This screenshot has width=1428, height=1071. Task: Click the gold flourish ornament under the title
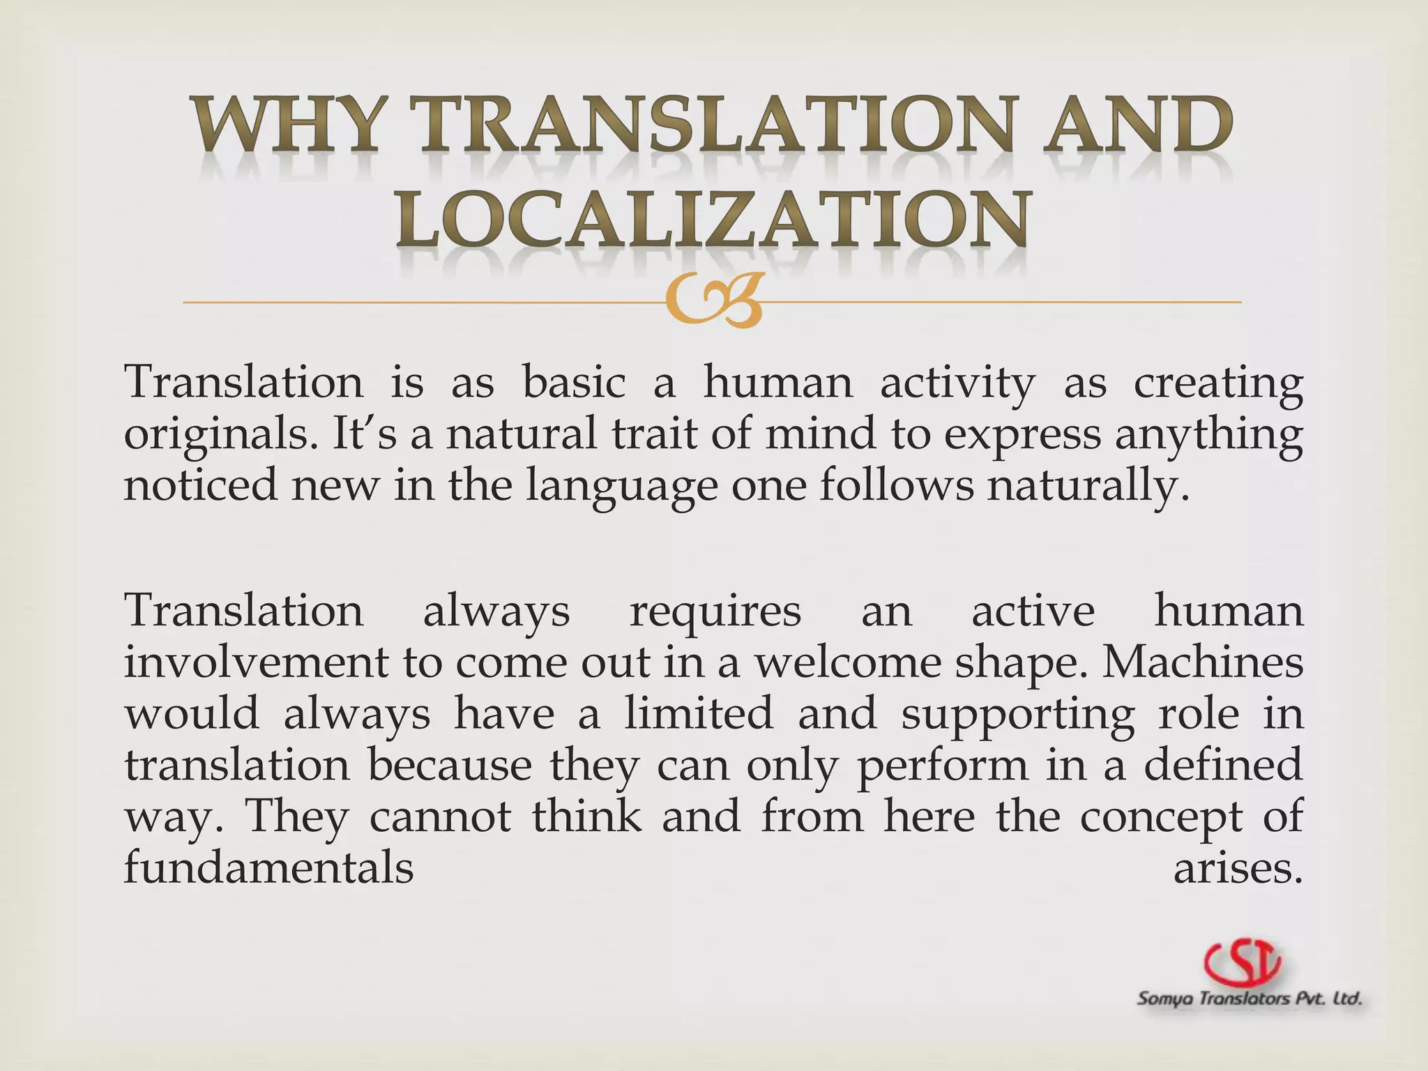click(713, 301)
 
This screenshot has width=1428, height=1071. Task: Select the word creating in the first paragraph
click(1217, 383)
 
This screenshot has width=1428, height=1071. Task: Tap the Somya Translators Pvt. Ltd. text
click(1249, 999)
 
